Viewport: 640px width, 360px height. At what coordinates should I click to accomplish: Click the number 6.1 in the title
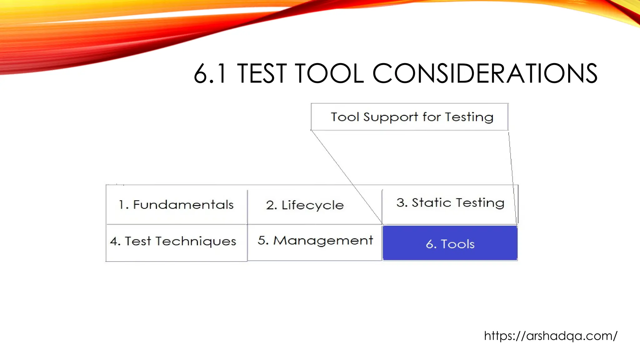209,74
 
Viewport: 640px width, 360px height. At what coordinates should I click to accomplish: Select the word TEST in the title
262,74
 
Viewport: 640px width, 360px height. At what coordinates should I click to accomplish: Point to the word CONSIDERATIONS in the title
485,74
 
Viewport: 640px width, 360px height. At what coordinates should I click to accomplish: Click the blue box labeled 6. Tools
450,243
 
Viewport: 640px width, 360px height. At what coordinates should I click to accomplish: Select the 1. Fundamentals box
176,205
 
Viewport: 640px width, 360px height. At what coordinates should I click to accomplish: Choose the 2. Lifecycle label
305,205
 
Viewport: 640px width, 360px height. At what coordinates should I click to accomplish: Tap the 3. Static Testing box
450,203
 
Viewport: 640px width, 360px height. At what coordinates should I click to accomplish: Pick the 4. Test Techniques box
173,241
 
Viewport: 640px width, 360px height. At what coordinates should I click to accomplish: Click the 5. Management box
315,241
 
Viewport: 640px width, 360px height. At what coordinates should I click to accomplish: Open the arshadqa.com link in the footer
550,336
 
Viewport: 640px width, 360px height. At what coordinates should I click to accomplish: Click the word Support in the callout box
390,117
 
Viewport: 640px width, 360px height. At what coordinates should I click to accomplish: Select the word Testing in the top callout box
469,117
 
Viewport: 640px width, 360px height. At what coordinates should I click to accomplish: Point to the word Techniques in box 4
196,242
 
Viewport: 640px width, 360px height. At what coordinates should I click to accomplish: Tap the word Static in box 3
432,203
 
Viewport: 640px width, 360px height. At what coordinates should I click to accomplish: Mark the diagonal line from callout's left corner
347,177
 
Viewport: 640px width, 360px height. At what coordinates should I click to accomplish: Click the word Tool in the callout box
345,117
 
